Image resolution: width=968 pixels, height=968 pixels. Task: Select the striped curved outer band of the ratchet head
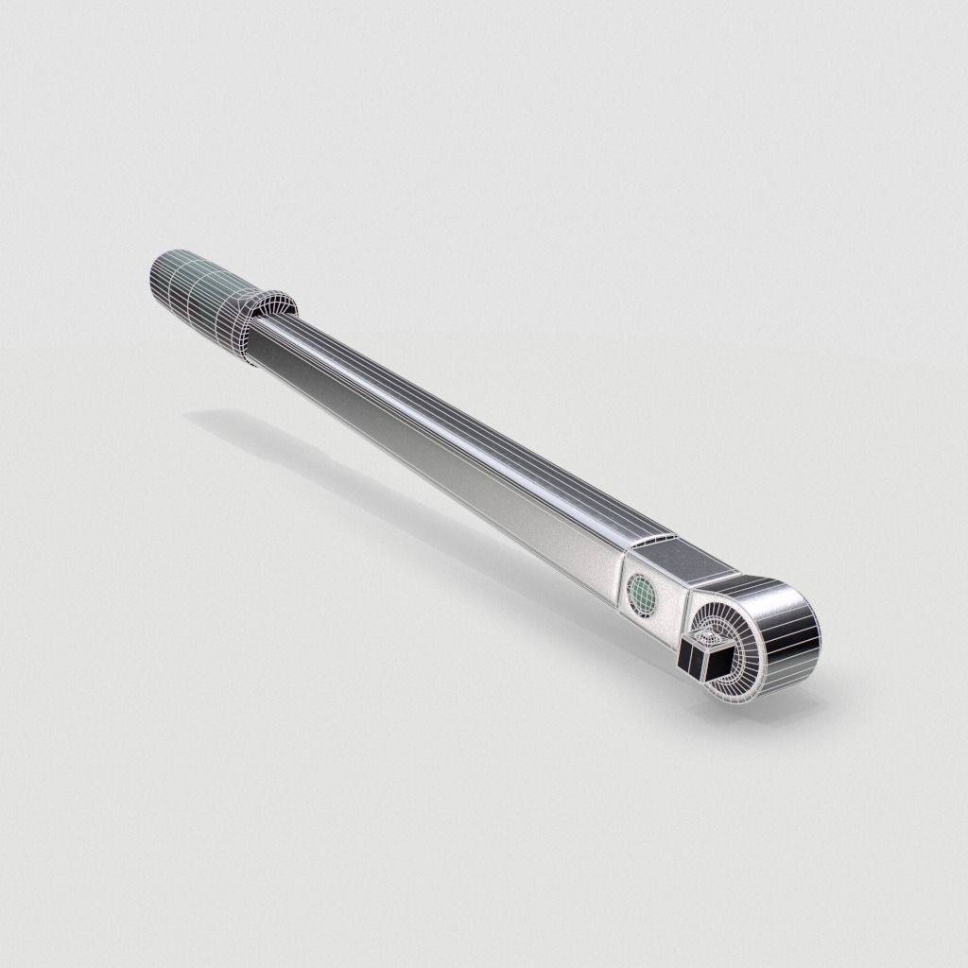788,643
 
